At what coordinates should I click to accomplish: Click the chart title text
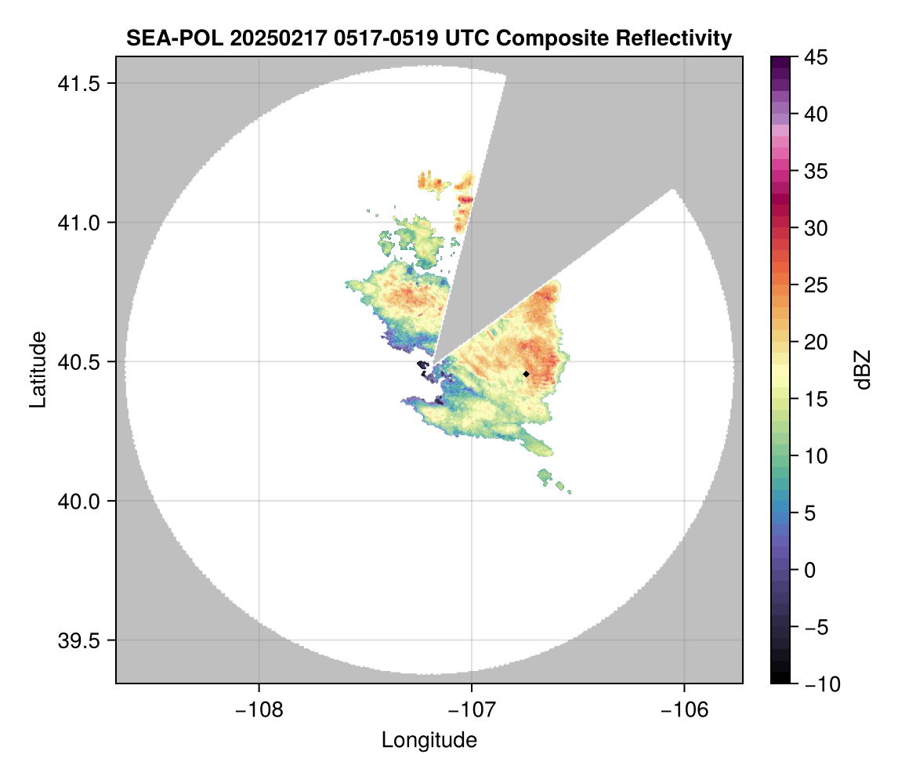coord(429,38)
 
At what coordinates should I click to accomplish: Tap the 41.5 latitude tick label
coord(77,83)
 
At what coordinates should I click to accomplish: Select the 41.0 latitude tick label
coord(77,223)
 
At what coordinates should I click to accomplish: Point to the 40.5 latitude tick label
coord(77,362)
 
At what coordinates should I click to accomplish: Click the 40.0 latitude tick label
coord(77,501)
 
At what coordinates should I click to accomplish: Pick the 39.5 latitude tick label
coord(77,640)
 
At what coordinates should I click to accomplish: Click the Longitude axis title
coord(429,740)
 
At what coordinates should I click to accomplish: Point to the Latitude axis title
coord(37,369)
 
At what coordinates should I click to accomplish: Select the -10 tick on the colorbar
coord(817,684)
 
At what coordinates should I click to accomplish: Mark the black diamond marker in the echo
coord(526,374)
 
